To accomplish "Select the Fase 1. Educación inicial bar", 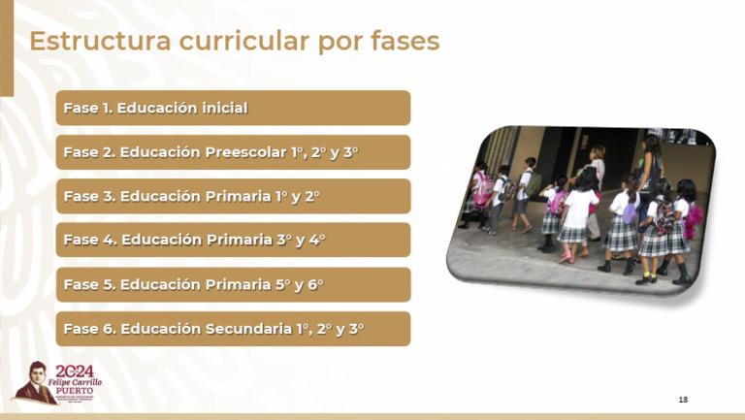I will tap(233, 108).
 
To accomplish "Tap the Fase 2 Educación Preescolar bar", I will tap(233, 152).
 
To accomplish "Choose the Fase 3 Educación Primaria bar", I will tap(233, 196).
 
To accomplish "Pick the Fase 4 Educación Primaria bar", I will tap(233, 240).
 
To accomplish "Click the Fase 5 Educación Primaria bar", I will tap(233, 284).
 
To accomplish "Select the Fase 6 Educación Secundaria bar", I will tap(233, 329).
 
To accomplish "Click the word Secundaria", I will tap(249, 329).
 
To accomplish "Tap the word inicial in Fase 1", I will tap(224, 108).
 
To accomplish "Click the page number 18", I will tap(683, 400).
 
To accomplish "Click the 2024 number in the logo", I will tap(75, 372).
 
